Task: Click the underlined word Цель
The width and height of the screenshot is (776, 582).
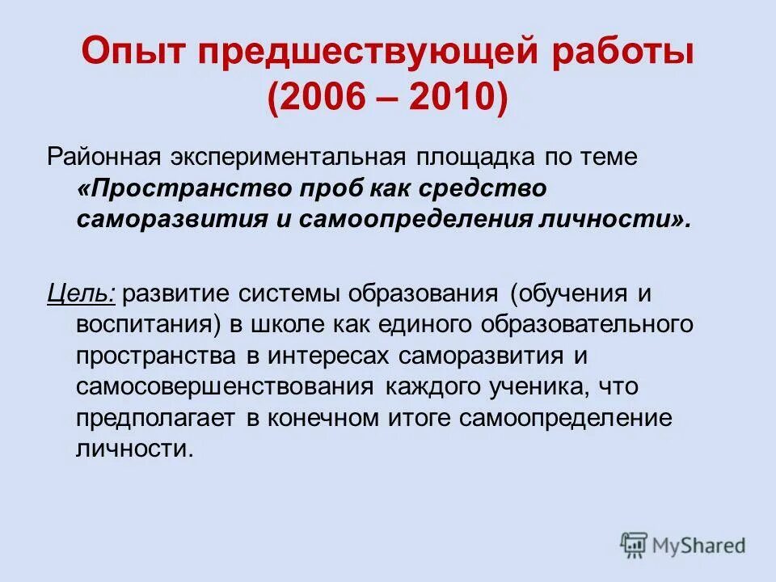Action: [81, 293]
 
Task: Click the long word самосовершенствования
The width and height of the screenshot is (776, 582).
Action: [226, 386]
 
